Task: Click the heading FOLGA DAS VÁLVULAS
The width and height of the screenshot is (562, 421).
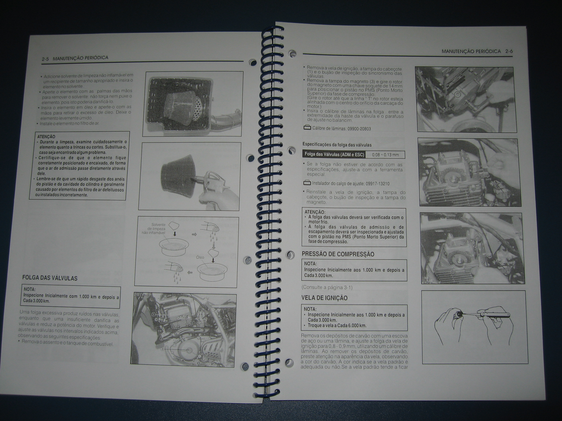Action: [50, 278]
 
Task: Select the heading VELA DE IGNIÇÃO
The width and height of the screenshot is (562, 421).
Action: [324, 298]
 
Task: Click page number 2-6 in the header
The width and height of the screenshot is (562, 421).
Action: [509, 51]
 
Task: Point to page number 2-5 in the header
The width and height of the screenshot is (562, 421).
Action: [46, 59]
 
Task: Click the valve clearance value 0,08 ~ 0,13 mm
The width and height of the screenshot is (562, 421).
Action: [385, 155]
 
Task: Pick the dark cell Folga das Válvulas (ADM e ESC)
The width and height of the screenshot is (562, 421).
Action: [334, 154]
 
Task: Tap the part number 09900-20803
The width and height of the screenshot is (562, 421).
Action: [359, 129]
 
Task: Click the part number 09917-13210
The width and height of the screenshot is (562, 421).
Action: [377, 183]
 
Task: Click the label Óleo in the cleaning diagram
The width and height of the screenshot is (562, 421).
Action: [200, 257]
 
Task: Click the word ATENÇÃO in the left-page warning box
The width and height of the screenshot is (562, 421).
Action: [46, 136]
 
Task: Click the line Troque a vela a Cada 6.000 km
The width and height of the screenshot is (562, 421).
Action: [337, 325]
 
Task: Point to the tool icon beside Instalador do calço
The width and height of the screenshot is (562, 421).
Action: [307, 183]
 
